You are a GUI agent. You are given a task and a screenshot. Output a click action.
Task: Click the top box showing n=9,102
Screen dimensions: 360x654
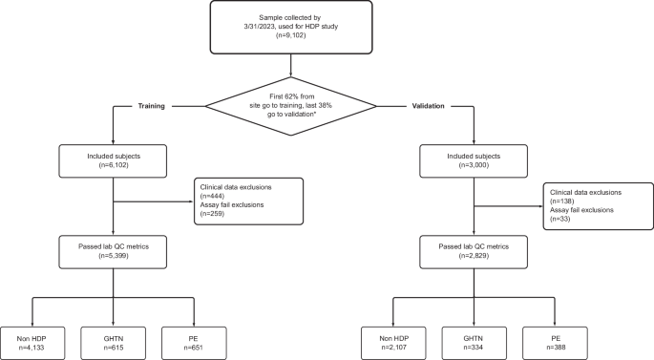326,28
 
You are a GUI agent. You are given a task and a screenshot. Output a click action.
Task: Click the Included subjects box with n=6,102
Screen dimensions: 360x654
115,158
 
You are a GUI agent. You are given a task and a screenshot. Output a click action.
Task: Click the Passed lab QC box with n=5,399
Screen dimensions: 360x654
115,251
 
